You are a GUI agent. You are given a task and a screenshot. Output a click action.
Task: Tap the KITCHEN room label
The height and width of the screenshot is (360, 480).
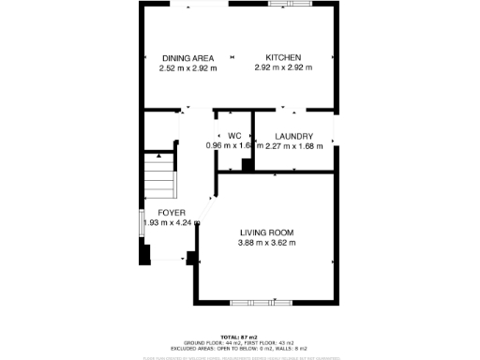point(283,57)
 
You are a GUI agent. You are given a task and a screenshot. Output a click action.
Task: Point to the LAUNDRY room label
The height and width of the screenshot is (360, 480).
point(292,135)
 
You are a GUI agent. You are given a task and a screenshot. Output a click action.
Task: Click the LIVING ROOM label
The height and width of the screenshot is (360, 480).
point(266,232)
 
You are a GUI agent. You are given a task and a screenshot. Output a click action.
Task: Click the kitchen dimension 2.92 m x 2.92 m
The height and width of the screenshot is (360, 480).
point(283,67)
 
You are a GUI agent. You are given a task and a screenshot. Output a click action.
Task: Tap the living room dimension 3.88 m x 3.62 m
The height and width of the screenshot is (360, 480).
point(266,242)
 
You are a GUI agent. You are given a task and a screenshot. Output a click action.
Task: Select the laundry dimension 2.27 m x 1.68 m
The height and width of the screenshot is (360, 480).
point(292,145)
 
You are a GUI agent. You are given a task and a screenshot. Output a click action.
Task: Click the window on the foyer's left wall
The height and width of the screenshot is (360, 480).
point(142,221)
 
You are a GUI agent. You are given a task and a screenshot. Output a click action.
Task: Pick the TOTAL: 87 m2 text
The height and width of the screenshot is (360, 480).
point(239,336)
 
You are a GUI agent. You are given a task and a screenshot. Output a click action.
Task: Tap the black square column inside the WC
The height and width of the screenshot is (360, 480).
point(246,165)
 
